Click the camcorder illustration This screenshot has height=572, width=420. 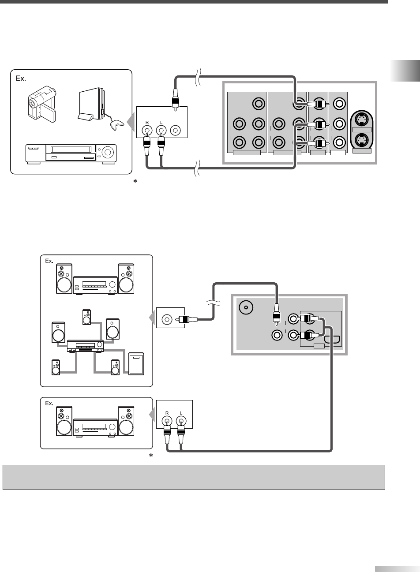(42, 103)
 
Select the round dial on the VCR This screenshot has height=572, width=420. (108, 152)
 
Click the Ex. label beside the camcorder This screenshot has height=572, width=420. (21, 79)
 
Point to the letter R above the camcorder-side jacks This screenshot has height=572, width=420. (147, 123)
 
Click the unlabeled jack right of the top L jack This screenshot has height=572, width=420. (175, 131)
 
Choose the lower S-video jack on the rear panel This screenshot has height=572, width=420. (361, 140)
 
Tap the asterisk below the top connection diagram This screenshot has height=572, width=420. (135, 181)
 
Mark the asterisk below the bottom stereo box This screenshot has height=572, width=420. (151, 455)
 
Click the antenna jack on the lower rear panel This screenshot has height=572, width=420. (246, 307)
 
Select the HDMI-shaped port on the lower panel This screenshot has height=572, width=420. (332, 340)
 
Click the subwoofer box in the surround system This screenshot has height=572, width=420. (136, 364)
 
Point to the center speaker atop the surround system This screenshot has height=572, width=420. (86, 317)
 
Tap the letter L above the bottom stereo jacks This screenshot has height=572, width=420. (181, 413)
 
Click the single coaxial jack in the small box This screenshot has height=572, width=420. (167, 319)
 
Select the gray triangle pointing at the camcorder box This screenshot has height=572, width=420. (131, 122)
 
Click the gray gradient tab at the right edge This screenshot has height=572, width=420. (405, 71)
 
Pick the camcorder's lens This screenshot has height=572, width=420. (32, 103)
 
